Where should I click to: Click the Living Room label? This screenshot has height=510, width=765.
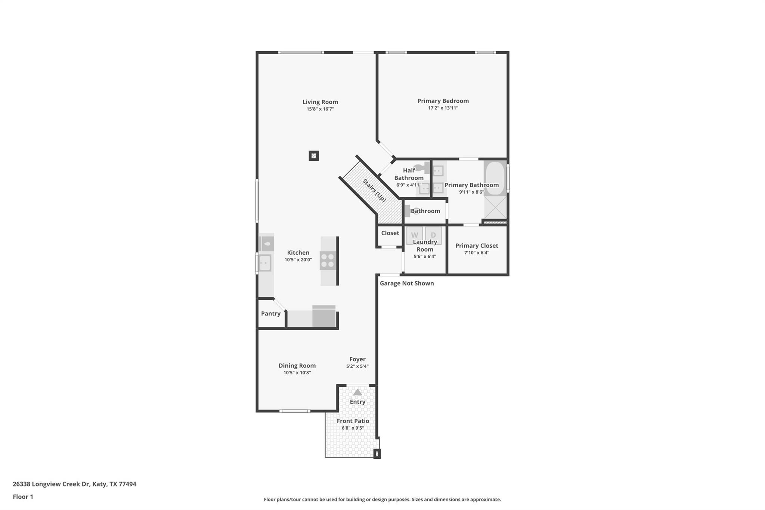[320, 102]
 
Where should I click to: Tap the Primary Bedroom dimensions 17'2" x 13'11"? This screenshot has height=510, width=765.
[443, 108]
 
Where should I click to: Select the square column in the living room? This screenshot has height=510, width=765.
[314, 156]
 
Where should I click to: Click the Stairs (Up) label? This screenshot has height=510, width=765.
[374, 191]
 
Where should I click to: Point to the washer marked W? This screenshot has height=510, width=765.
[415, 235]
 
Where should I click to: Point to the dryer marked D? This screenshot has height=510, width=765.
[433, 235]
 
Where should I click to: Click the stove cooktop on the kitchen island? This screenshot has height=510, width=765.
[328, 260]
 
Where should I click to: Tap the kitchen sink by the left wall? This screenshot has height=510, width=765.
[265, 263]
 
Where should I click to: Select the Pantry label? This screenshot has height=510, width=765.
[271, 313]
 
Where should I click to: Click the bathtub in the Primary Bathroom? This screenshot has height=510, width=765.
[495, 178]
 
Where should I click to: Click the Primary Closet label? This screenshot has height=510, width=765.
[477, 245]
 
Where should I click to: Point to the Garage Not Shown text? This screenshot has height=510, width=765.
[407, 283]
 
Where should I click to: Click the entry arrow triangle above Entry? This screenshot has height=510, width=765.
[357, 392]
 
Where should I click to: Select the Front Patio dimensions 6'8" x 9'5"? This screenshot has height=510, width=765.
[353, 428]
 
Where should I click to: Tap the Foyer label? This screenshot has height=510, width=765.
[357, 359]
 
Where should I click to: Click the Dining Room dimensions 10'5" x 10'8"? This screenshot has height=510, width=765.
[297, 373]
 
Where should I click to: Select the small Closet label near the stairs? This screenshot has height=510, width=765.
[390, 233]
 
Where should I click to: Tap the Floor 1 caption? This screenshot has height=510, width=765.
[23, 497]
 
